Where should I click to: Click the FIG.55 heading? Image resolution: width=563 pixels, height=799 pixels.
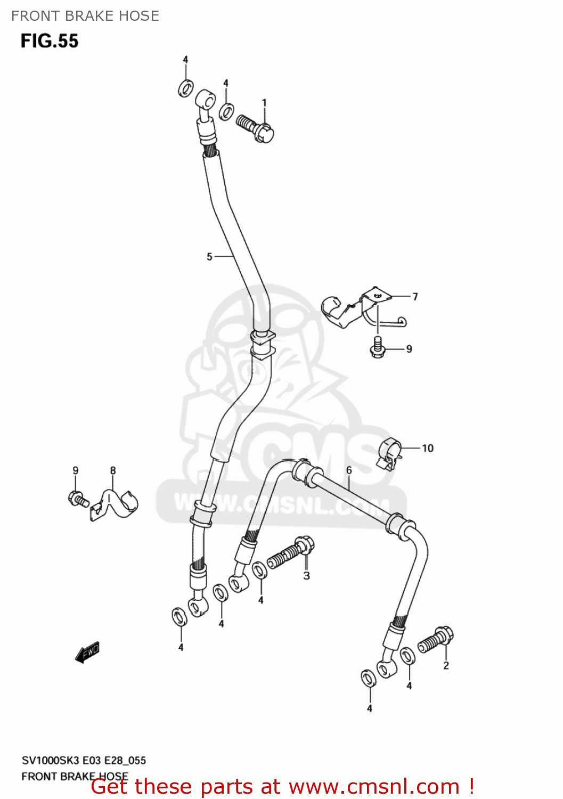pyautogui.click(x=50, y=41)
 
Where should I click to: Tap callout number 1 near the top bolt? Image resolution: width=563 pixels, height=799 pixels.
pyautogui.click(x=264, y=102)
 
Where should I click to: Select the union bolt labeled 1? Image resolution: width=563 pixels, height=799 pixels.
pyautogui.click(x=255, y=128)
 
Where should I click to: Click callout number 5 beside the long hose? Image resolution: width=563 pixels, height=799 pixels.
pyautogui.click(x=209, y=257)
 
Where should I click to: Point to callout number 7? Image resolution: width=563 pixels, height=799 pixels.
pyautogui.click(x=415, y=297)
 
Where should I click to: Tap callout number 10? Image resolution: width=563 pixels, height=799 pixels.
pyautogui.click(x=428, y=449)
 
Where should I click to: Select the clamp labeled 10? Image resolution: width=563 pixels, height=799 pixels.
pyautogui.click(x=390, y=453)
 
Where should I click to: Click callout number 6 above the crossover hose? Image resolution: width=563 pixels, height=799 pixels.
pyautogui.click(x=349, y=470)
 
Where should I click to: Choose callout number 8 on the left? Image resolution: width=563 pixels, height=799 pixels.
pyautogui.click(x=113, y=470)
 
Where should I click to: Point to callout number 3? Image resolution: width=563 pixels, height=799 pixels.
pyautogui.click(x=306, y=575)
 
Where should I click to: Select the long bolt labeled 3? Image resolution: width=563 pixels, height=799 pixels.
pyautogui.click(x=290, y=555)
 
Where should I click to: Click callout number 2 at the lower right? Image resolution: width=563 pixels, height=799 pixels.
pyautogui.click(x=446, y=665)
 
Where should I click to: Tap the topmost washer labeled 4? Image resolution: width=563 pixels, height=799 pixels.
pyautogui.click(x=185, y=88)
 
